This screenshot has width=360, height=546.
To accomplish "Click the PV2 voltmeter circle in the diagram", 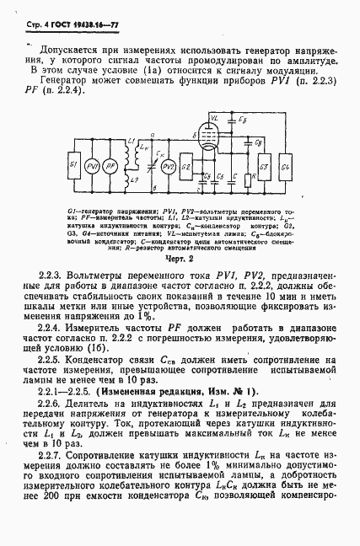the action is pos(169,165).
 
